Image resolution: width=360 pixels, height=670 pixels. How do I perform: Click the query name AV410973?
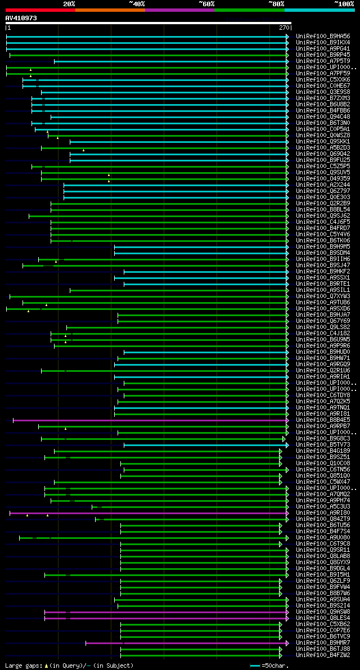tap(21, 18)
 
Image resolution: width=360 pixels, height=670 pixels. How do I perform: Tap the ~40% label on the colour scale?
tap(137, 4)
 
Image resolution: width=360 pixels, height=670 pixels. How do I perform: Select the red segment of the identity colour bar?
tap(40, 10)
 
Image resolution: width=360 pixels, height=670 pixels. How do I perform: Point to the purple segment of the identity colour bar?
tap(179, 10)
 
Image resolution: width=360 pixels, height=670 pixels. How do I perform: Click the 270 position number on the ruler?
tap(284, 28)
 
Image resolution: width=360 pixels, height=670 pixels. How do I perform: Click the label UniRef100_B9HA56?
tap(323, 37)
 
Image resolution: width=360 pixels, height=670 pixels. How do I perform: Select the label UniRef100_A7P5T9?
tap(323, 61)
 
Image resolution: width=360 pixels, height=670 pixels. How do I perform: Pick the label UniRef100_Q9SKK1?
tap(323, 142)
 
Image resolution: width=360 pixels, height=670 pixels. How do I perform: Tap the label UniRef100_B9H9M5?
tap(323, 247)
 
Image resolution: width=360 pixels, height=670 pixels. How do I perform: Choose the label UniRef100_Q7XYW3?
tap(323, 296)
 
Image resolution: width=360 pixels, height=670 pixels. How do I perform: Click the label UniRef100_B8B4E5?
tap(323, 420)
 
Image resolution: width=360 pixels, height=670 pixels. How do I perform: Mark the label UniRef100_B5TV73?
tap(323, 445)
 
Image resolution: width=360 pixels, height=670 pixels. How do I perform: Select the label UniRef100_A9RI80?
tap(323, 513)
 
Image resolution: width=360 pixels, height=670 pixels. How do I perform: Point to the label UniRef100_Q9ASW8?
tap(323, 612)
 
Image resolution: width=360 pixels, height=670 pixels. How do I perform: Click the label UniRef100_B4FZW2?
tap(323, 655)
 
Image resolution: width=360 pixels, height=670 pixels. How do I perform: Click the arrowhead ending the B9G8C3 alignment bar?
tap(284, 439)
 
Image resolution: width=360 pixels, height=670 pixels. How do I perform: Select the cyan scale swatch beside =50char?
tap(255, 666)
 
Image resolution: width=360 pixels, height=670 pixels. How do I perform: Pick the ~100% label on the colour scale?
tap(344, 4)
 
